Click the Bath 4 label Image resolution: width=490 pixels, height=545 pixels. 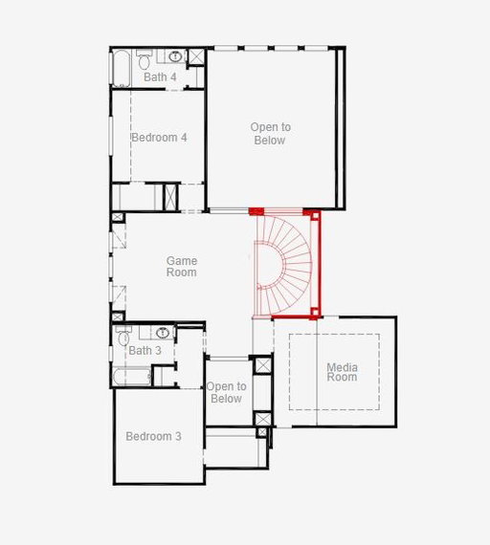[160, 76]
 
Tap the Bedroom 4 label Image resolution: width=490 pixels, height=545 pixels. [159, 138]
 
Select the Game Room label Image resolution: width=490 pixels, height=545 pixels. [182, 266]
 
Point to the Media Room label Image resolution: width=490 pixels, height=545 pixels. [342, 372]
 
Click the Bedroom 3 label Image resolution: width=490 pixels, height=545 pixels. [153, 436]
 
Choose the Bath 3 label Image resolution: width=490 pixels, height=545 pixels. [145, 350]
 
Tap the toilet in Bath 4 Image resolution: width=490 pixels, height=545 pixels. [144, 59]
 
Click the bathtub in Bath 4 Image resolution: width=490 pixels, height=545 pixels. [122, 68]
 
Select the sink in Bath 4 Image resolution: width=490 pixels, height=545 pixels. [176, 55]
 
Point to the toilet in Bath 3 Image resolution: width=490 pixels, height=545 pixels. [123, 336]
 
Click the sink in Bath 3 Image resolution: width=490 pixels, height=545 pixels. [163, 333]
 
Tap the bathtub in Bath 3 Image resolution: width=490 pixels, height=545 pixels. [132, 377]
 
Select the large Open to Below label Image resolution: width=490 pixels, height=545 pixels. [271, 134]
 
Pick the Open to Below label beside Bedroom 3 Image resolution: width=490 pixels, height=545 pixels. [226, 392]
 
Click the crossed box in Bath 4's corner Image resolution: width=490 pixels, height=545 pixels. [196, 56]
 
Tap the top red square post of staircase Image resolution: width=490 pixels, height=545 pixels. [315, 216]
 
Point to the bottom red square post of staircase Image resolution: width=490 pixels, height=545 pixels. [315, 312]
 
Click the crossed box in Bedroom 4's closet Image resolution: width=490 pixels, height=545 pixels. [171, 197]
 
